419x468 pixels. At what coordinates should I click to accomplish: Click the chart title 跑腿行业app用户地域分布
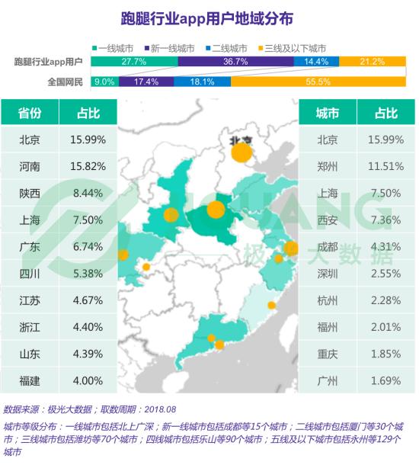tap(207, 19)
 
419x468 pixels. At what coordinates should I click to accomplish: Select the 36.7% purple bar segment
tap(236, 62)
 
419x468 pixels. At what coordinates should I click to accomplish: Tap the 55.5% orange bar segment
tap(318, 82)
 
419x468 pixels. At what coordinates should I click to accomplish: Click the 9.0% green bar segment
tap(105, 82)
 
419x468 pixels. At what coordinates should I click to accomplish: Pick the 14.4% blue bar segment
tap(316, 62)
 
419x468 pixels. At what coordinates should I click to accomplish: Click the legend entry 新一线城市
tap(169, 48)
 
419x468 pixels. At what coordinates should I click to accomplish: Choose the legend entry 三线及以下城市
tap(292, 48)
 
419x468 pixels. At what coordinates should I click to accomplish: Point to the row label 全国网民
tap(65, 82)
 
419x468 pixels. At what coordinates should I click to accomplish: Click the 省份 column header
tap(30, 113)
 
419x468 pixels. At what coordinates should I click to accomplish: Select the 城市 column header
tap(328, 113)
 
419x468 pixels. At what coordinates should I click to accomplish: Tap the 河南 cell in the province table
tap(30, 166)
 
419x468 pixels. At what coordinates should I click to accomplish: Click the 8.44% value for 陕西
tap(88, 193)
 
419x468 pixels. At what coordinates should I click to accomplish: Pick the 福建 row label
tap(30, 381)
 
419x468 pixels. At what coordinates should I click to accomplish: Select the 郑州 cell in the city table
tap(328, 166)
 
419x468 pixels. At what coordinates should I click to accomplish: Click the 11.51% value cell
tap(386, 166)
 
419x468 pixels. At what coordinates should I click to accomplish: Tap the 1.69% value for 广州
tap(386, 381)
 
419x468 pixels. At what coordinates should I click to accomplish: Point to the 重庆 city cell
tap(328, 354)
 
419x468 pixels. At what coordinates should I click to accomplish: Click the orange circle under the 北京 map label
tap(241, 152)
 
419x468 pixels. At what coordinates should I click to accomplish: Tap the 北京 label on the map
tap(241, 140)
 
